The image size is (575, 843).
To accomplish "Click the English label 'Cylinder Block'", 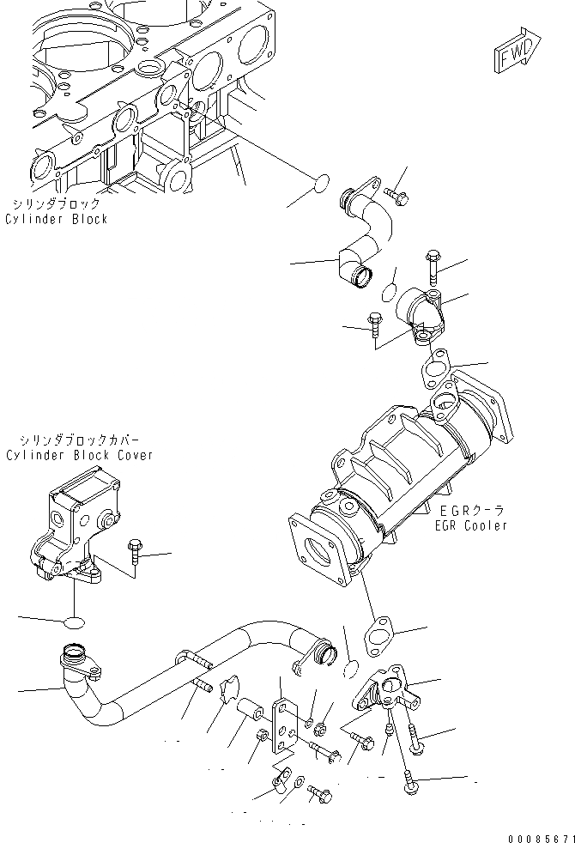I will point(57,219).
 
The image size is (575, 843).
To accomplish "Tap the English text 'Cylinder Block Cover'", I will point(79,455).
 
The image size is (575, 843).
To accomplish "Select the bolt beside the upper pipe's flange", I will point(396,197).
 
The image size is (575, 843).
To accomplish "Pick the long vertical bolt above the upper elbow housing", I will point(432,267).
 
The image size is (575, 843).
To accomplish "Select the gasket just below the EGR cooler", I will point(378,636).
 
